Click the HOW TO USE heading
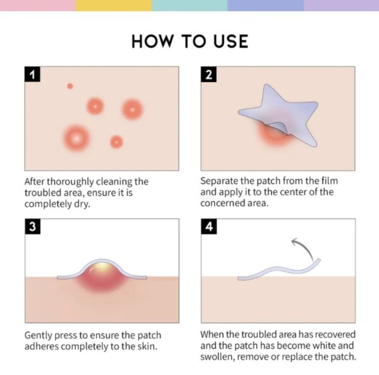(x=189, y=42)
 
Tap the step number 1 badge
(x=32, y=75)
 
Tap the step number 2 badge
(x=208, y=75)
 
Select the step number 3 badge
(x=32, y=227)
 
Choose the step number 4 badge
(x=208, y=227)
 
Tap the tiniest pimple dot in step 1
(x=70, y=86)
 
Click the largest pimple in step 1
(x=76, y=136)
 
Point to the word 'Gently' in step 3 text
(x=40, y=335)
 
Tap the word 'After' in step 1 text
(x=36, y=181)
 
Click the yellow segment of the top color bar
(x=114, y=5)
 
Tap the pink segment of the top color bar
(x=38, y=5)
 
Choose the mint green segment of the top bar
(x=189, y=5)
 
